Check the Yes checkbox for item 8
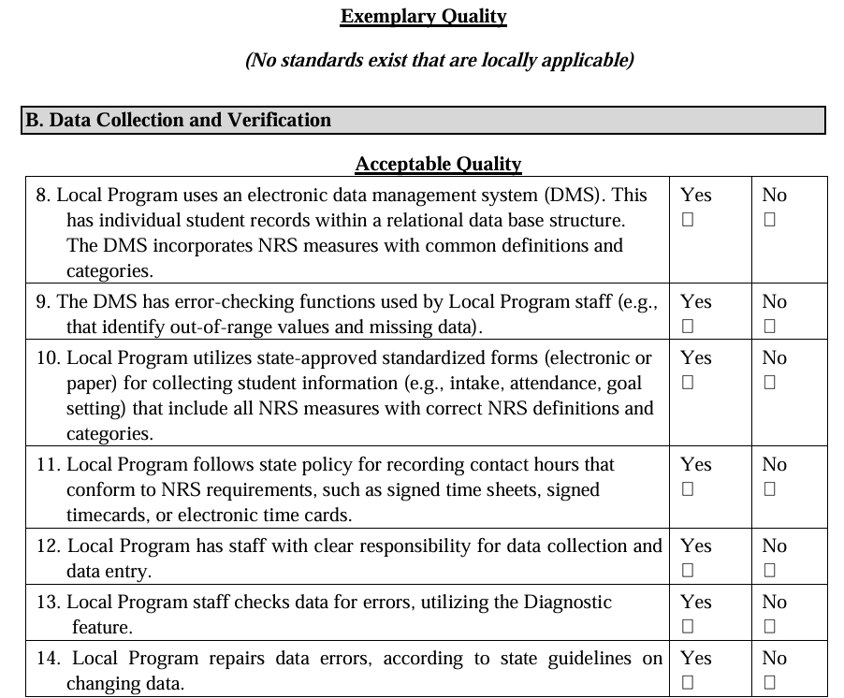click(x=688, y=221)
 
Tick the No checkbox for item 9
click(x=769, y=327)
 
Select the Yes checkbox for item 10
click(x=688, y=384)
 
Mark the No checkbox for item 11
click(x=769, y=490)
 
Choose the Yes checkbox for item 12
click(x=688, y=571)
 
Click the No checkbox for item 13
click(x=769, y=627)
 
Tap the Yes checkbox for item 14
click(x=688, y=683)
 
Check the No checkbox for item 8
click(x=769, y=221)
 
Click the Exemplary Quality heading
click(x=423, y=17)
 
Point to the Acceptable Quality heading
click(x=438, y=165)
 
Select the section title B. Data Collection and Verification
click(x=178, y=121)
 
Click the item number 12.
click(x=49, y=546)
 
